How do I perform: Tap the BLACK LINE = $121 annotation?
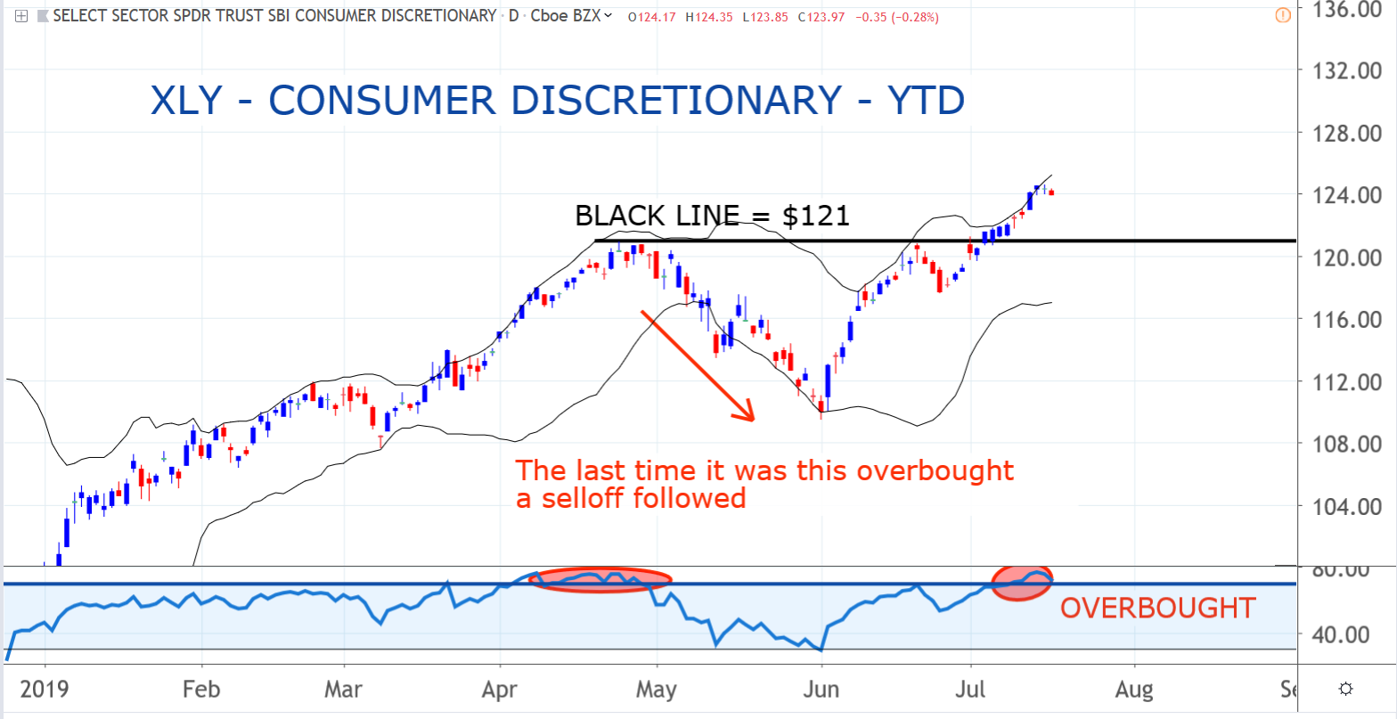pos(712,216)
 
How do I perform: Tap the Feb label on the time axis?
pos(201,689)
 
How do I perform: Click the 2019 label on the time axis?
pos(45,689)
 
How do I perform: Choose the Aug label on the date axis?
pos(1134,689)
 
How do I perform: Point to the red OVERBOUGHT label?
pos(1157,609)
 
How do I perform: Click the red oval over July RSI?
pos(1022,583)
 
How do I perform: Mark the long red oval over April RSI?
pos(599,579)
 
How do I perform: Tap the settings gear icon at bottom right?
pos(1346,689)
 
